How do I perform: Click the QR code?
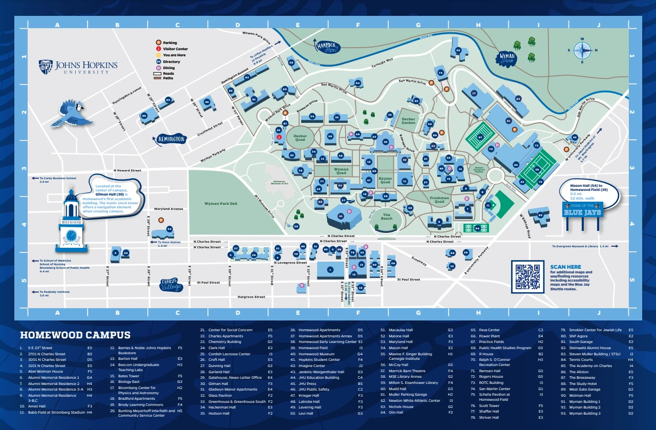pyautogui.click(x=527, y=276)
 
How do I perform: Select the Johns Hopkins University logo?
pyautogui.click(x=78, y=67)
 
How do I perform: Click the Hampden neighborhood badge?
pyautogui.click(x=328, y=48)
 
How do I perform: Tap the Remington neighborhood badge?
pyautogui.click(x=170, y=139)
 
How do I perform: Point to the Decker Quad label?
pyautogui.click(x=300, y=138)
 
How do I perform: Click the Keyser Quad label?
pyautogui.click(x=385, y=180)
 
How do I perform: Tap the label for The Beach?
pyautogui.click(x=386, y=217)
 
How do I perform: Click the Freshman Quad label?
pyautogui.click(x=439, y=199)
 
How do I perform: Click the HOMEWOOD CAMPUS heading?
pyautogui.click(x=75, y=335)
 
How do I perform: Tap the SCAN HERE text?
pyautogui.click(x=565, y=267)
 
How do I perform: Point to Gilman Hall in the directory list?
pyautogui.click(x=218, y=383)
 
